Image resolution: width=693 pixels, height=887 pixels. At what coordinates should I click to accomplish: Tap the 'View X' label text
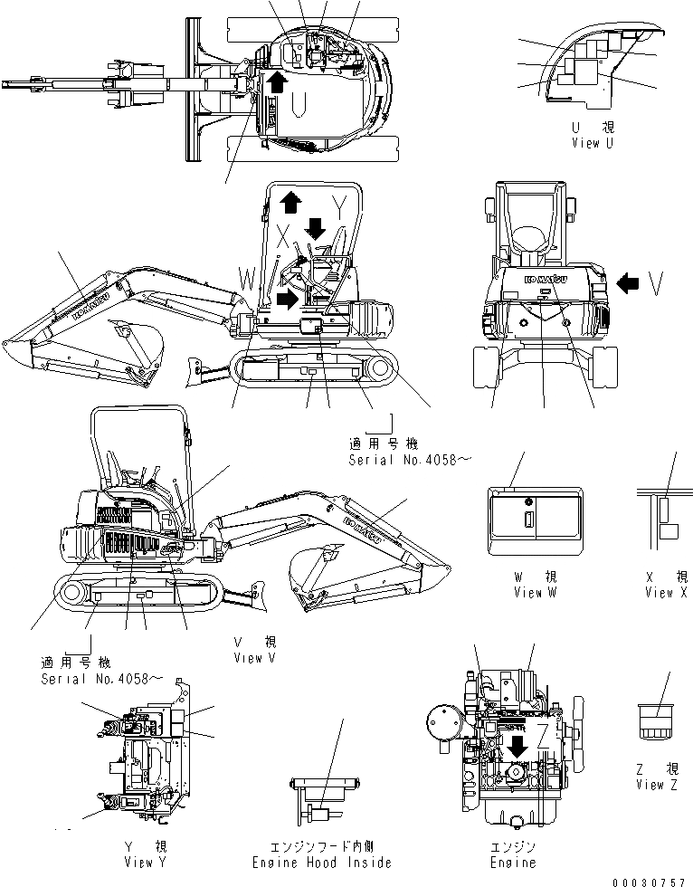tap(666, 593)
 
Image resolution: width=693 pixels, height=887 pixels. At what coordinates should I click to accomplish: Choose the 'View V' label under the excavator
tap(254, 658)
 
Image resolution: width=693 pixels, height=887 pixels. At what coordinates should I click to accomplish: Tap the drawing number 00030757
tap(650, 880)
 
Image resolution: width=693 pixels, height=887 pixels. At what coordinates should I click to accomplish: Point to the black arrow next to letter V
tap(626, 283)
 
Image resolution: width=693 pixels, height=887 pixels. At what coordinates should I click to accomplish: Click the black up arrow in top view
tap(278, 83)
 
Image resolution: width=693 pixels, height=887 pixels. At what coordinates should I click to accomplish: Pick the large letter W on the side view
tap(247, 274)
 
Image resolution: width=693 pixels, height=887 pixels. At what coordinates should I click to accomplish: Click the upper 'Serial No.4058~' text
tap(410, 460)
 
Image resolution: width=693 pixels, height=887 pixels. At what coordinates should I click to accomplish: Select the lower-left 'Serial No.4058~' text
tap(102, 678)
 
